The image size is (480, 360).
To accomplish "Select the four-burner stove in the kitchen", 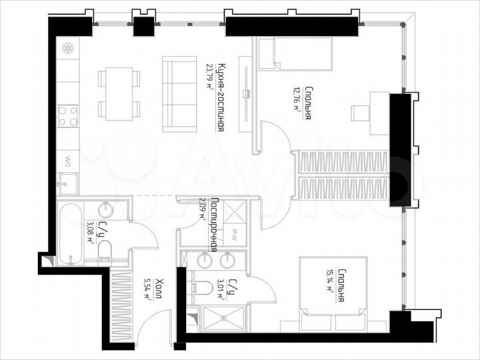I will [67, 116].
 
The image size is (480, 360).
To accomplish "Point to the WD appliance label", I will [68, 160].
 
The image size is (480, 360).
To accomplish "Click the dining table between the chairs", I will [121, 93].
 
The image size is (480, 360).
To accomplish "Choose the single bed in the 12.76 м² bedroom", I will [295, 53].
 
